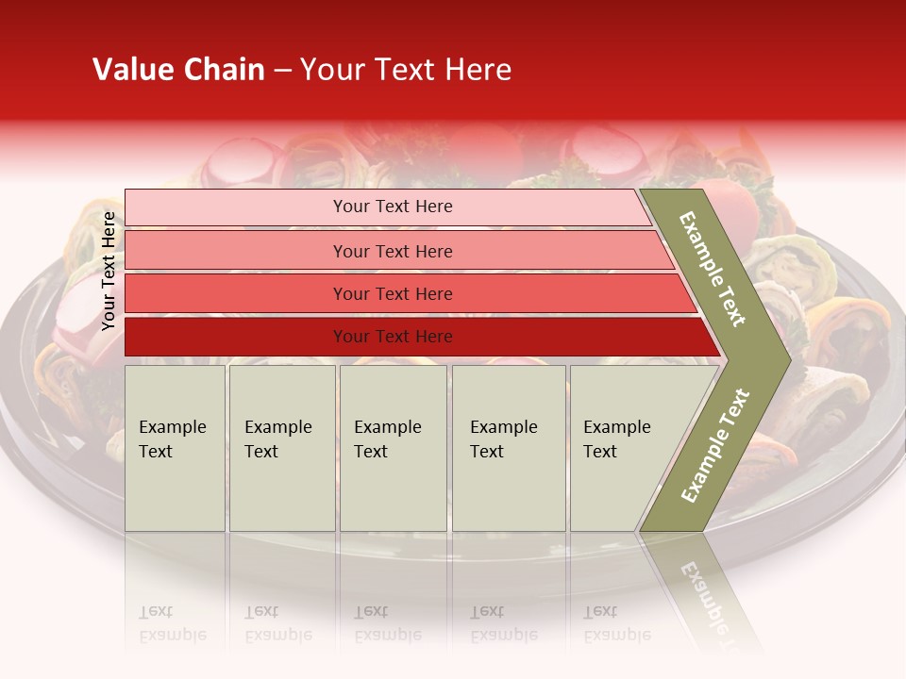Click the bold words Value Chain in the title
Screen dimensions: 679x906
pyautogui.click(x=178, y=70)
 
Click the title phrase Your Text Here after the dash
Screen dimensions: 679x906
pyautogui.click(x=406, y=70)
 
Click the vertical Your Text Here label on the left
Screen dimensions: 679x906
pyautogui.click(x=109, y=272)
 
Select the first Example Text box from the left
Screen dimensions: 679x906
pyautogui.click(x=175, y=448)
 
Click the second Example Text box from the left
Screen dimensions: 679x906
pyautogui.click(x=281, y=448)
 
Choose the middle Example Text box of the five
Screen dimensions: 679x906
pyautogui.click(x=393, y=448)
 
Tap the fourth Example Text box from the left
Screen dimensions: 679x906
pyautogui.click(x=508, y=448)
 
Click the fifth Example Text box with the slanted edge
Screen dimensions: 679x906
pyautogui.click(x=623, y=448)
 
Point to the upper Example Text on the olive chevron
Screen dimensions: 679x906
pyautogui.click(x=713, y=270)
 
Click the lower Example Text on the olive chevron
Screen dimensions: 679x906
pyautogui.click(x=714, y=446)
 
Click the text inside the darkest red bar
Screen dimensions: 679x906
pyautogui.click(x=393, y=337)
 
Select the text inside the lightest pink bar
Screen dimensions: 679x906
pyautogui.click(x=393, y=207)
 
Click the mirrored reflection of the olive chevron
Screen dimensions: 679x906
pyautogui.click(x=703, y=585)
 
